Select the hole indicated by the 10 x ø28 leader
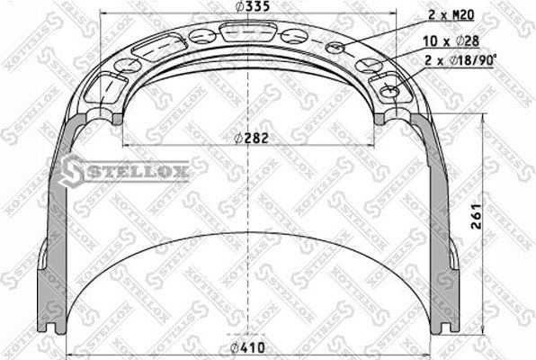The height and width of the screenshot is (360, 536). click(x=369, y=65)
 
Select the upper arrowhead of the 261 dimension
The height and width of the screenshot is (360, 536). click(x=487, y=124)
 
